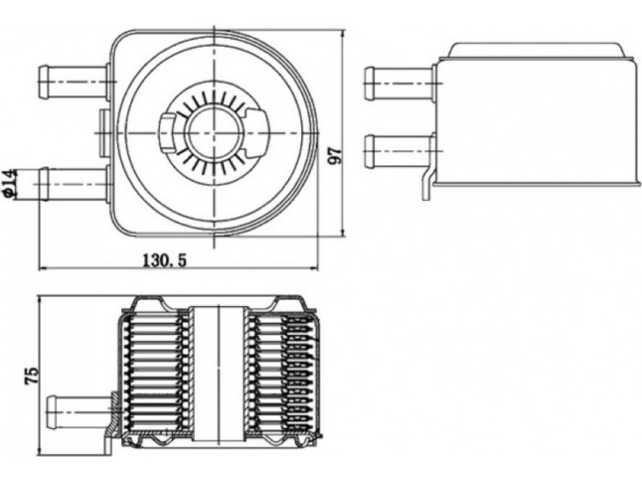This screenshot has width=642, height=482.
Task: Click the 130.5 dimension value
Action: (x=165, y=260)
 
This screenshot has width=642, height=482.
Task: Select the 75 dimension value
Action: (x=31, y=377)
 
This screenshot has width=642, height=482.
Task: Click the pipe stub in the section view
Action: (x=80, y=409)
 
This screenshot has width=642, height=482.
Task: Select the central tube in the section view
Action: (x=218, y=374)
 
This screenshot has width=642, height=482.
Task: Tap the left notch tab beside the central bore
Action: (x=168, y=131)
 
